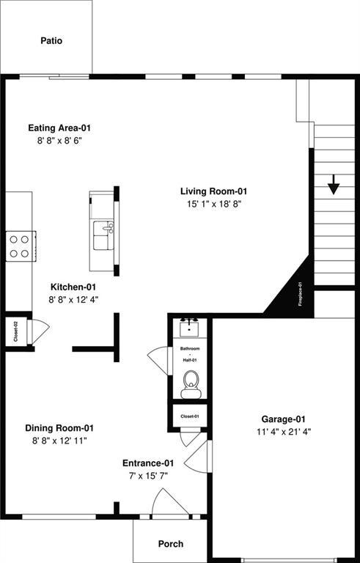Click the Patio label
51,41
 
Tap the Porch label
171,544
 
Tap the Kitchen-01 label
73,287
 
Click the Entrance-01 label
147,463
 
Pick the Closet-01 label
191,416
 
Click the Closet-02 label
15,332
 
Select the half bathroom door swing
158,359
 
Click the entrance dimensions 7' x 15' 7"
147,475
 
